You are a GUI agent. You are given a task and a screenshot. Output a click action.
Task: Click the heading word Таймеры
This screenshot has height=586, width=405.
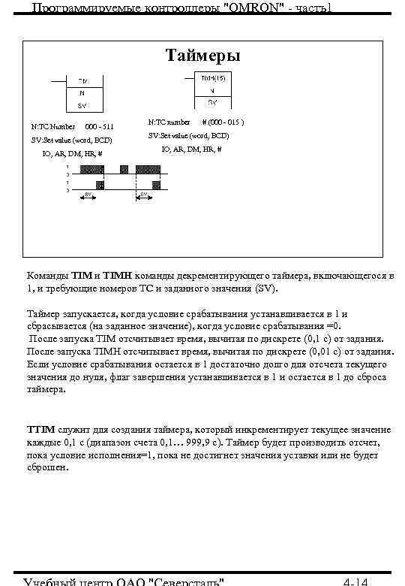pyautogui.click(x=203, y=56)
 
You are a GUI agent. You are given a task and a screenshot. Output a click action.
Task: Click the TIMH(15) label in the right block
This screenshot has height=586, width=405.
pyautogui.click(x=212, y=78)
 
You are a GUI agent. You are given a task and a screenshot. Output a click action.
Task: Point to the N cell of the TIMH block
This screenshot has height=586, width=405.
pyautogui.click(x=212, y=91)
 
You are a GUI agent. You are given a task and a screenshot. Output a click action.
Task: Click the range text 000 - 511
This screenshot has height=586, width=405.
pyautogui.click(x=100, y=126)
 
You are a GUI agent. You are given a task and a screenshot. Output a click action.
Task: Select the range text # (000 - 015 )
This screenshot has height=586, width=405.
pyautogui.click(x=223, y=121)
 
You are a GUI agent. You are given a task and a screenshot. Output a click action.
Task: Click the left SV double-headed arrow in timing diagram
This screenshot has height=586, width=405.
pyautogui.click(x=87, y=195)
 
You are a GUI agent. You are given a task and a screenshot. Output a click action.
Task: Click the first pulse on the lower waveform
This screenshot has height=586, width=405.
pyautogui.click(x=97, y=183)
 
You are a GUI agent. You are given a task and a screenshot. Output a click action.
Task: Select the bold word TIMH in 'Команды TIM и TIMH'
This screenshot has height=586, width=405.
pyautogui.click(x=117, y=276)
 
